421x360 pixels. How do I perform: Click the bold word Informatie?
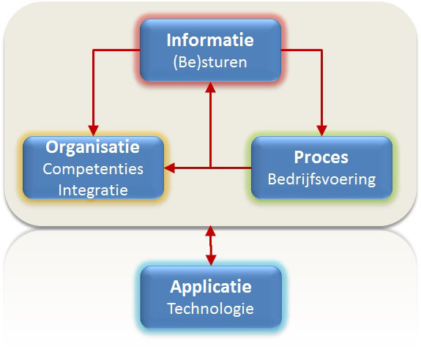pyautogui.click(x=210, y=40)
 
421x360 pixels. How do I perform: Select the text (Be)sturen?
pyautogui.click(x=210, y=62)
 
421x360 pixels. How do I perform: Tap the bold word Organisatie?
pyautogui.click(x=93, y=147)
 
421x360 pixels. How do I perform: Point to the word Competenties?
pyautogui.click(x=93, y=169)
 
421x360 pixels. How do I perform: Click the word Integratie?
pyautogui.click(x=93, y=190)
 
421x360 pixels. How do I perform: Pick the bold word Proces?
pyautogui.click(x=321, y=157)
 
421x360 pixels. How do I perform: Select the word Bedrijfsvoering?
pyautogui.click(x=321, y=179)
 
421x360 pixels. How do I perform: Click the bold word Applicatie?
pyautogui.click(x=211, y=287)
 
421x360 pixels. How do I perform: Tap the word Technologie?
pyautogui.click(x=211, y=309)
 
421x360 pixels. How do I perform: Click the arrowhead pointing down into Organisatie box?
pyautogui.click(x=94, y=131)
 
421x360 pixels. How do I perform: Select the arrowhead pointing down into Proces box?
pyautogui.click(x=321, y=131)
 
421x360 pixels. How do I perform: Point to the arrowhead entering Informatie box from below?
pyautogui.click(x=211, y=88)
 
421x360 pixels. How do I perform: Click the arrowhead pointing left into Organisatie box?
pyautogui.click(x=169, y=168)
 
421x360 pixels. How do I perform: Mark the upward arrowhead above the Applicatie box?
pyautogui.click(x=211, y=230)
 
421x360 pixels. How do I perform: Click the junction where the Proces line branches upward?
pyautogui.click(x=211, y=168)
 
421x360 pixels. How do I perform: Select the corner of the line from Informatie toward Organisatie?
pyautogui.click(x=94, y=50)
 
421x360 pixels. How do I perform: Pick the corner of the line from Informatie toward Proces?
pyautogui.click(x=321, y=50)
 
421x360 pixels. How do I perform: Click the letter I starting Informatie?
pyautogui.click(x=169, y=40)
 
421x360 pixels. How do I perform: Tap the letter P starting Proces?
pyautogui.click(x=299, y=157)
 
